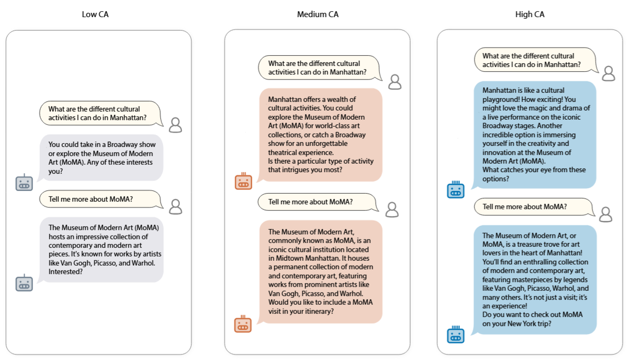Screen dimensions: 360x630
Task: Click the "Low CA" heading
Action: click(95, 14)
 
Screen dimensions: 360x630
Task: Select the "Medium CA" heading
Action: click(318, 14)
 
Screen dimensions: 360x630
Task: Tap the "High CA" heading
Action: click(530, 14)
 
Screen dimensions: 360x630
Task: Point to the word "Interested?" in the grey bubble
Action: click(66, 271)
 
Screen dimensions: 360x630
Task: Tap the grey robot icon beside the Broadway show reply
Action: click(24, 183)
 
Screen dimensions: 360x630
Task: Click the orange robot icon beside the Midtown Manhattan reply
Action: click(243, 324)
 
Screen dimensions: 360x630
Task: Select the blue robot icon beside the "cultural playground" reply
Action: click(456, 190)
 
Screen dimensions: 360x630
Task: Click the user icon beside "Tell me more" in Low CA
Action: click(175, 207)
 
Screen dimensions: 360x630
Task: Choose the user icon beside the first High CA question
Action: click(608, 74)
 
